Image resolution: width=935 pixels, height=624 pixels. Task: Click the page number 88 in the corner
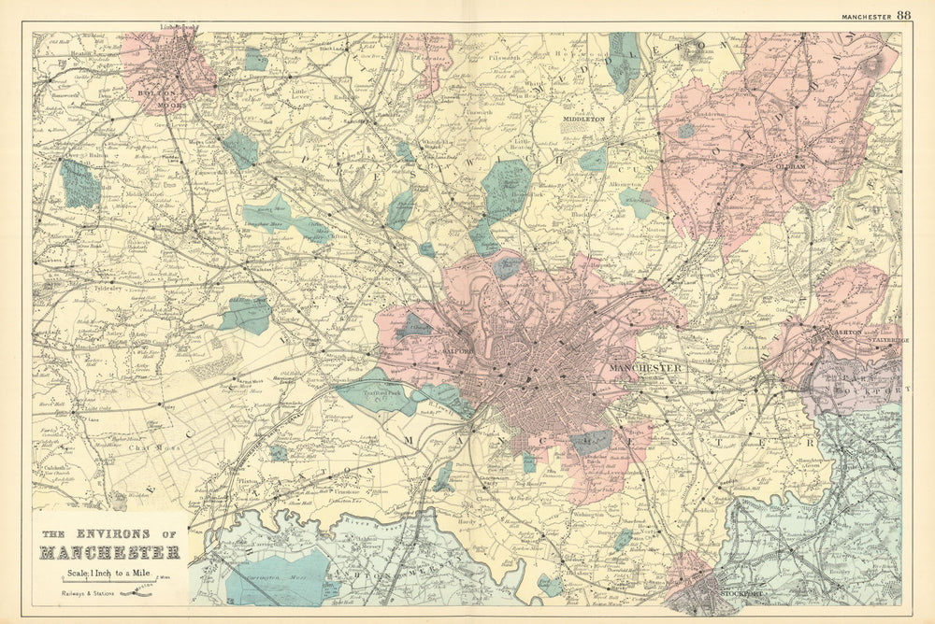pos(903,15)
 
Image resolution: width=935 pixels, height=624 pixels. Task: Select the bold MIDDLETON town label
pos(584,121)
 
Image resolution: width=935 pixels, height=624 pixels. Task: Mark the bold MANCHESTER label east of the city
pos(645,368)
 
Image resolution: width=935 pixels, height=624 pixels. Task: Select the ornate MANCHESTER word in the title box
pos(108,552)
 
